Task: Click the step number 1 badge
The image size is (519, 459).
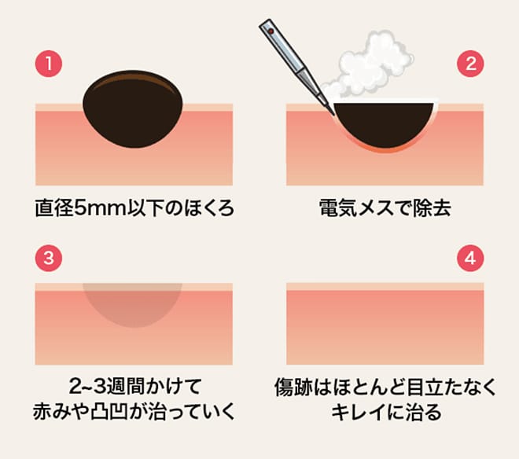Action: tap(49, 64)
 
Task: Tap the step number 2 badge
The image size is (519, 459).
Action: tap(470, 64)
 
